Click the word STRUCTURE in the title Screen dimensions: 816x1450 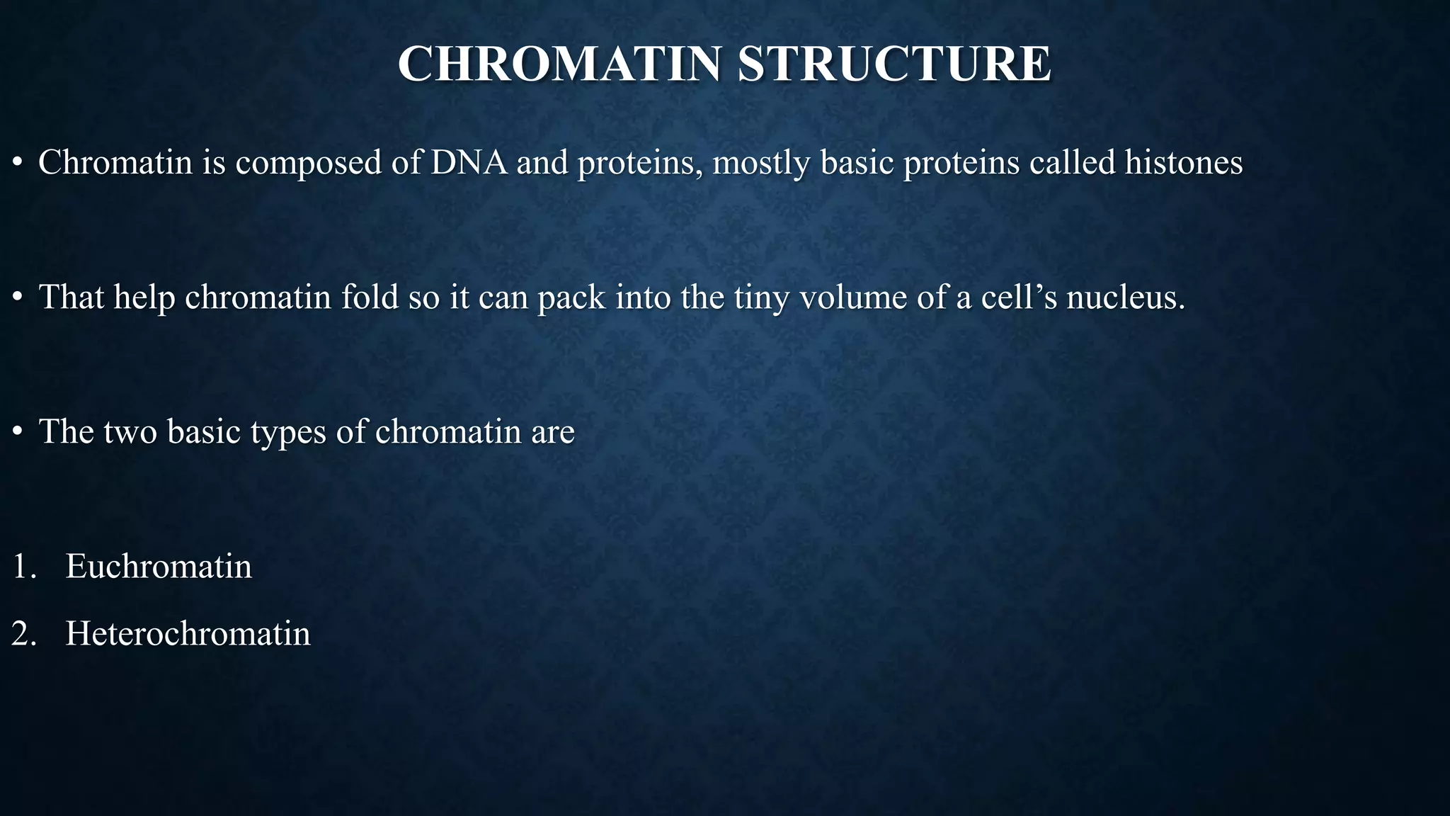894,64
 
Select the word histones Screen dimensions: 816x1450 1184,162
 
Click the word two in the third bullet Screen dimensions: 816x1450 130,432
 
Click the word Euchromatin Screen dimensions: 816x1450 159,567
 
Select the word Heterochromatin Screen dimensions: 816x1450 188,633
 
